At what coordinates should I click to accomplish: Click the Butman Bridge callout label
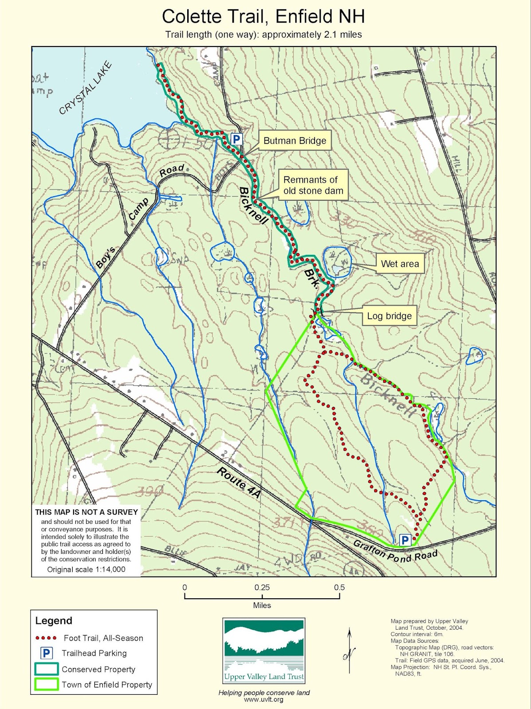click(295, 141)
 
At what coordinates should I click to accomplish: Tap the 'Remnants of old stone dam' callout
click(313, 185)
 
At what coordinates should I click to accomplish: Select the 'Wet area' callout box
click(400, 264)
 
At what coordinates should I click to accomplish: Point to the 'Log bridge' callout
click(389, 316)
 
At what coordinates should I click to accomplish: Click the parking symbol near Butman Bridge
click(236, 139)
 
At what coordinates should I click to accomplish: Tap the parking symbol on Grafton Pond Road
click(405, 540)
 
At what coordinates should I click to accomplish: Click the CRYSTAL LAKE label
click(86, 89)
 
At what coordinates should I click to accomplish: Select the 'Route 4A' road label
click(239, 483)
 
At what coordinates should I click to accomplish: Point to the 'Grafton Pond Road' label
click(395, 551)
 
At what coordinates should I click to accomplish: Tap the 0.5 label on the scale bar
click(339, 588)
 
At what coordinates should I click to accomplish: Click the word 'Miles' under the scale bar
click(262, 605)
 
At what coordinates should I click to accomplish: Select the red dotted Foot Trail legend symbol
click(46, 638)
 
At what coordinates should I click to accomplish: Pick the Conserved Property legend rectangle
click(46, 669)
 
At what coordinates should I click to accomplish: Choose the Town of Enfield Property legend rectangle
click(46, 684)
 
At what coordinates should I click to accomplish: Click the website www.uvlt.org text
click(264, 700)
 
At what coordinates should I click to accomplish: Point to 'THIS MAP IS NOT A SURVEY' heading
click(87, 512)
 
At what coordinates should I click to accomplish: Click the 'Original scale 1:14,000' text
click(87, 569)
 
